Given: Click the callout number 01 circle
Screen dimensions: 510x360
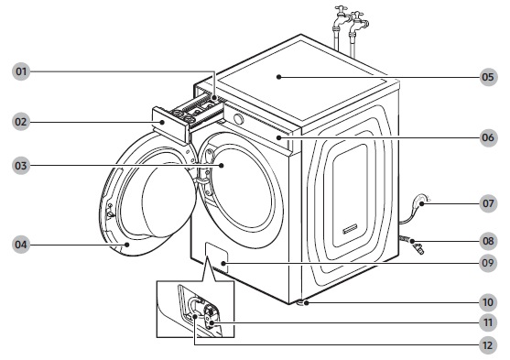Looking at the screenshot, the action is (x=21, y=71).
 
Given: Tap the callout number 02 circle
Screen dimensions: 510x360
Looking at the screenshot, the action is (x=21, y=122).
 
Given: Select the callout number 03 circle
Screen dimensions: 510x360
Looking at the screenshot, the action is (x=21, y=166).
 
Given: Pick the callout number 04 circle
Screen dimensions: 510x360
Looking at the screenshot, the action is (x=21, y=245).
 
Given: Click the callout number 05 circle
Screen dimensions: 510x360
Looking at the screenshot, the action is (x=488, y=77).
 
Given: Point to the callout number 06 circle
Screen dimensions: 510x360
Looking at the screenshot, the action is (x=488, y=137).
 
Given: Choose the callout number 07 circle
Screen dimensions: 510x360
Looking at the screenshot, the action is (x=488, y=203).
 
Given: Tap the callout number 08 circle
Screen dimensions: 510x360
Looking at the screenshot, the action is (x=488, y=241).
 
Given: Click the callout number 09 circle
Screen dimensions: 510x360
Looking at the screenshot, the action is (x=488, y=263).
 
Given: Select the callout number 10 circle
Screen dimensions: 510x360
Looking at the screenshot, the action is (x=488, y=302).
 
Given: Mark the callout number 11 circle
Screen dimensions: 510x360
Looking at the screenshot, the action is (x=488, y=322).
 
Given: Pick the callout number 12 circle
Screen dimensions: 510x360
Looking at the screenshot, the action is (x=488, y=345).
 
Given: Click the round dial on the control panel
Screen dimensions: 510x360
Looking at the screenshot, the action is (x=238, y=119).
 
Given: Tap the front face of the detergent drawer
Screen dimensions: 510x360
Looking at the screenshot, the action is (x=169, y=125).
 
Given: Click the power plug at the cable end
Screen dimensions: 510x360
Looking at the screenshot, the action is (x=421, y=201).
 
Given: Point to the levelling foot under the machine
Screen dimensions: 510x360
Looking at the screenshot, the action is (x=301, y=302).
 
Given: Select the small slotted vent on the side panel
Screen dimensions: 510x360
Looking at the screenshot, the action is (x=350, y=229).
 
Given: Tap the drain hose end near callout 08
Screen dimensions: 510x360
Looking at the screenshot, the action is (x=418, y=248).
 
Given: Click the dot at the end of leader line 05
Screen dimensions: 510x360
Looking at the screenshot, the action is (x=278, y=77).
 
